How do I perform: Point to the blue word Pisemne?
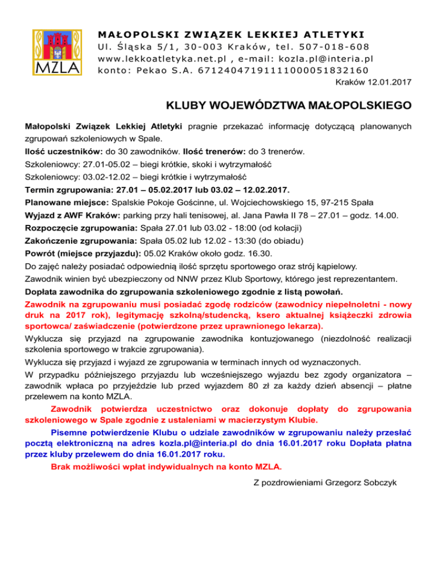(73, 434)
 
